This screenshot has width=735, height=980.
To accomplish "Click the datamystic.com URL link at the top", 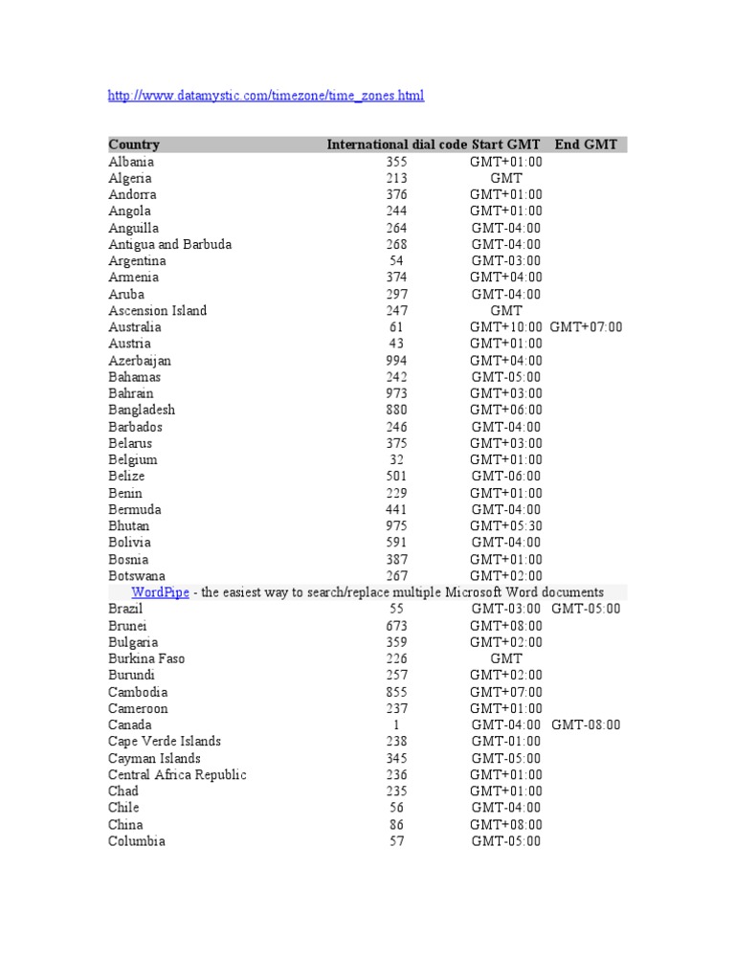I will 266,96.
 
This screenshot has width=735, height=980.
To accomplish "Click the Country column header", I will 134,145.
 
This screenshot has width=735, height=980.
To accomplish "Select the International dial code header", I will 396,145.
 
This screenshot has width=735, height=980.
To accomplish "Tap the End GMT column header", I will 586,145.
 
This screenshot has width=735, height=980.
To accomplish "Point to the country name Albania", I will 131,162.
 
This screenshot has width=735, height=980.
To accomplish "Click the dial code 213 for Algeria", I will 396,178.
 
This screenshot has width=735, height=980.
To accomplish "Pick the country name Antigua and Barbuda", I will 169,244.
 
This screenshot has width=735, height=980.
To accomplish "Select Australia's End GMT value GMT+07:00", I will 586,327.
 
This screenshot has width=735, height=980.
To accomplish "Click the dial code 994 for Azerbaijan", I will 396,361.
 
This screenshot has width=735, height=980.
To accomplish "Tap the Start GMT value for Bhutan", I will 505,525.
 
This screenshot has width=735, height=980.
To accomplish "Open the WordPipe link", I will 161,592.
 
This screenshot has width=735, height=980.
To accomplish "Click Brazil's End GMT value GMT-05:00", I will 586,609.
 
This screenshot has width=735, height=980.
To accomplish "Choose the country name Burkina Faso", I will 146,658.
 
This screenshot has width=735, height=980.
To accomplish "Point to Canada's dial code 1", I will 396,724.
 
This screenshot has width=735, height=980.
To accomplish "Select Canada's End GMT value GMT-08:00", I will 586,724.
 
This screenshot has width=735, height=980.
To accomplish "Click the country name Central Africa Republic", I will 177,774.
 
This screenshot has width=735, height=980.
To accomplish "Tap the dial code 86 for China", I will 396,824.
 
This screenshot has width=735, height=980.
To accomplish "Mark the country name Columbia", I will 136,841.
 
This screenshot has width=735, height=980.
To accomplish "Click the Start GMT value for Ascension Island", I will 505,310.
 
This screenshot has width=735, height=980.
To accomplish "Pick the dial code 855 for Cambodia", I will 396,692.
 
